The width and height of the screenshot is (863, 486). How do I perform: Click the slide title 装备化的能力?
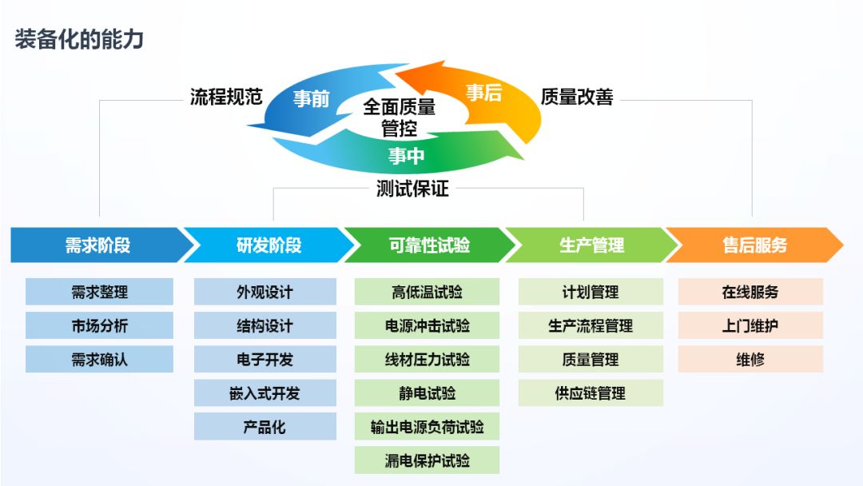point(79,39)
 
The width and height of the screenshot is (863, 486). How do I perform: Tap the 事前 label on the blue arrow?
point(310,98)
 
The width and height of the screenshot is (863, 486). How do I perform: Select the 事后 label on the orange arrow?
point(484,93)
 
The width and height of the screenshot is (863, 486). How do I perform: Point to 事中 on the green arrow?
point(406,156)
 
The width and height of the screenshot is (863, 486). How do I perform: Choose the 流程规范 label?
point(226,98)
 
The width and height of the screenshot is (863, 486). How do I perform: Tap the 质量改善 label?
point(576,97)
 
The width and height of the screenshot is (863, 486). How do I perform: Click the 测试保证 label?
point(412,189)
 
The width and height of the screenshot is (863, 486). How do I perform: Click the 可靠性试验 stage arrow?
point(429,245)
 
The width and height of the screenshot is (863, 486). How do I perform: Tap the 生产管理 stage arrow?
point(591,245)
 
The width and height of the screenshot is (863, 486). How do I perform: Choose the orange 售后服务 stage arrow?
point(754,245)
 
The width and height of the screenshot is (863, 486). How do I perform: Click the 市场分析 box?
point(99,325)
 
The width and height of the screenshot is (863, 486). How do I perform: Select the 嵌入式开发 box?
point(264,392)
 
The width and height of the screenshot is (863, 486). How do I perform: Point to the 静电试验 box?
point(427,392)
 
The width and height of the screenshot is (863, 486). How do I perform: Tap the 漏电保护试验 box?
point(427,460)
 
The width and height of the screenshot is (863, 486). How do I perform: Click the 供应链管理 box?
point(591,392)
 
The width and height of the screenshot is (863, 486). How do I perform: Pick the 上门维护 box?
point(750,325)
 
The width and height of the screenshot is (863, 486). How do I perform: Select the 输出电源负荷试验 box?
point(427,426)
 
